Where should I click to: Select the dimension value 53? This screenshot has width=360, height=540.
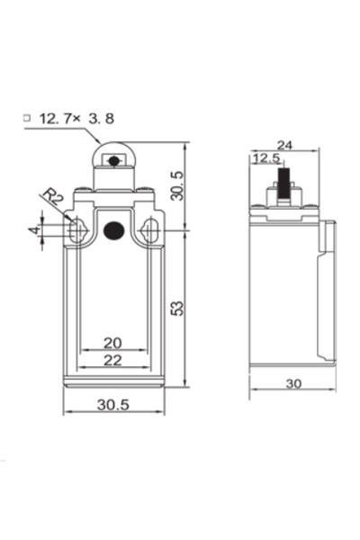[x=176, y=308]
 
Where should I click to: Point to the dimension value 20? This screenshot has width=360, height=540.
[x=112, y=343]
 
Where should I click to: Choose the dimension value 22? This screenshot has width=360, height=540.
[x=112, y=360]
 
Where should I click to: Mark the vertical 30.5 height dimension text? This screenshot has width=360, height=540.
[x=177, y=186]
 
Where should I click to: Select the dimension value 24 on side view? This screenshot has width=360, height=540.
[x=284, y=145]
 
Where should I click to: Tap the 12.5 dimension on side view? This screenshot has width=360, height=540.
[x=265, y=159]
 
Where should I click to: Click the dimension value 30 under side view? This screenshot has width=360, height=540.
[x=292, y=382]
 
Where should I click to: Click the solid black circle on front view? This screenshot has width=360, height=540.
[x=112, y=230]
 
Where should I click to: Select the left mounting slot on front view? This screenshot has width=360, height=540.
[x=78, y=231]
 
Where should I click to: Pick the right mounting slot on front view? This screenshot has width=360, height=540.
[x=150, y=231]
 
